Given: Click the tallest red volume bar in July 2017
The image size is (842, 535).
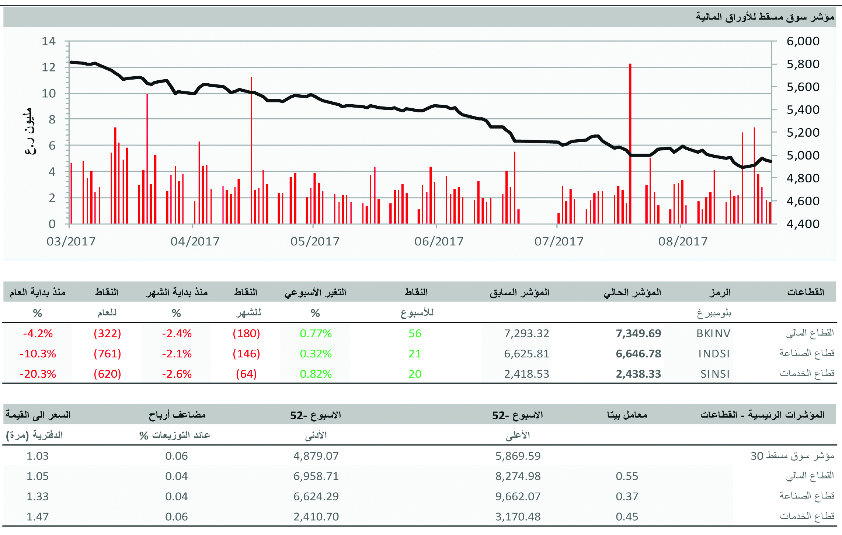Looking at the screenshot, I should [630, 144].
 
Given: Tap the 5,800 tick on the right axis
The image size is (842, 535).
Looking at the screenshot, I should [803, 64].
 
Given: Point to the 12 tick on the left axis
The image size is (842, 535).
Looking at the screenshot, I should [49, 67].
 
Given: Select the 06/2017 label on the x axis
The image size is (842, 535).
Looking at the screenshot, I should [439, 241].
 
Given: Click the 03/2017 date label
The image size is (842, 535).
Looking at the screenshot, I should [71, 241].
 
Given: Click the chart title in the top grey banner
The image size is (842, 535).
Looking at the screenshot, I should [765, 17].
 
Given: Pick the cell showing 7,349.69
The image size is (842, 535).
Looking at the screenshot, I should [638, 333].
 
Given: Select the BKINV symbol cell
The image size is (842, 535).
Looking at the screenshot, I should [713, 333].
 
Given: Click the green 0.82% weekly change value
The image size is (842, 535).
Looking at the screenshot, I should [316, 374].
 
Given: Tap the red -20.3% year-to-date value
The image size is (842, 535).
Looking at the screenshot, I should [38, 374].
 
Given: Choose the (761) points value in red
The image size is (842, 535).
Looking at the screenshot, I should [107, 354].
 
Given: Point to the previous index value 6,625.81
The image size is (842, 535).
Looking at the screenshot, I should [526, 354].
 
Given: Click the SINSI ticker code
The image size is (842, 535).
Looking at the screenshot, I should [715, 374].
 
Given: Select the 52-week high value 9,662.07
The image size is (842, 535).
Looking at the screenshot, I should [518, 496].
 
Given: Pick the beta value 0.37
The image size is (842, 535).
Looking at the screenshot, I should [627, 496].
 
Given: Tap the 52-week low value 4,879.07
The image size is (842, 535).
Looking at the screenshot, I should [316, 456].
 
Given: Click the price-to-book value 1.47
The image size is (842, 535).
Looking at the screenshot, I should [38, 517].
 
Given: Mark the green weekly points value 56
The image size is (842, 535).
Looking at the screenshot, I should [415, 333].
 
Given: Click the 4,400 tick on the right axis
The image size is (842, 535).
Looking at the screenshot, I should [803, 224].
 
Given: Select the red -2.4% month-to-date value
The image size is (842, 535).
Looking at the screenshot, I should [177, 333].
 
